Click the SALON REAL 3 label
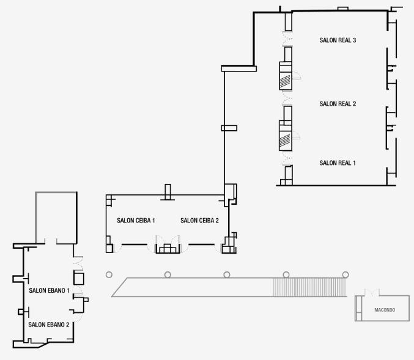338,40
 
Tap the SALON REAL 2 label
338,104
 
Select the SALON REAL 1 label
338,163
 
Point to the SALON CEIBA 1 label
136,220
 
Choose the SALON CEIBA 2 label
199,220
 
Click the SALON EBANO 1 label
49,290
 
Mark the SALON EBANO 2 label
48,325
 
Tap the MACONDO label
384,310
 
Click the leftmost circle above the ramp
109,274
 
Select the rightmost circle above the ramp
346,274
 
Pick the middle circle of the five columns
227,274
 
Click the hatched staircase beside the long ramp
309,287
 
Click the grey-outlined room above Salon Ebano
56,217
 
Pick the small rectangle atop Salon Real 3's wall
342,9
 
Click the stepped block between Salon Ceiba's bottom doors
165,248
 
